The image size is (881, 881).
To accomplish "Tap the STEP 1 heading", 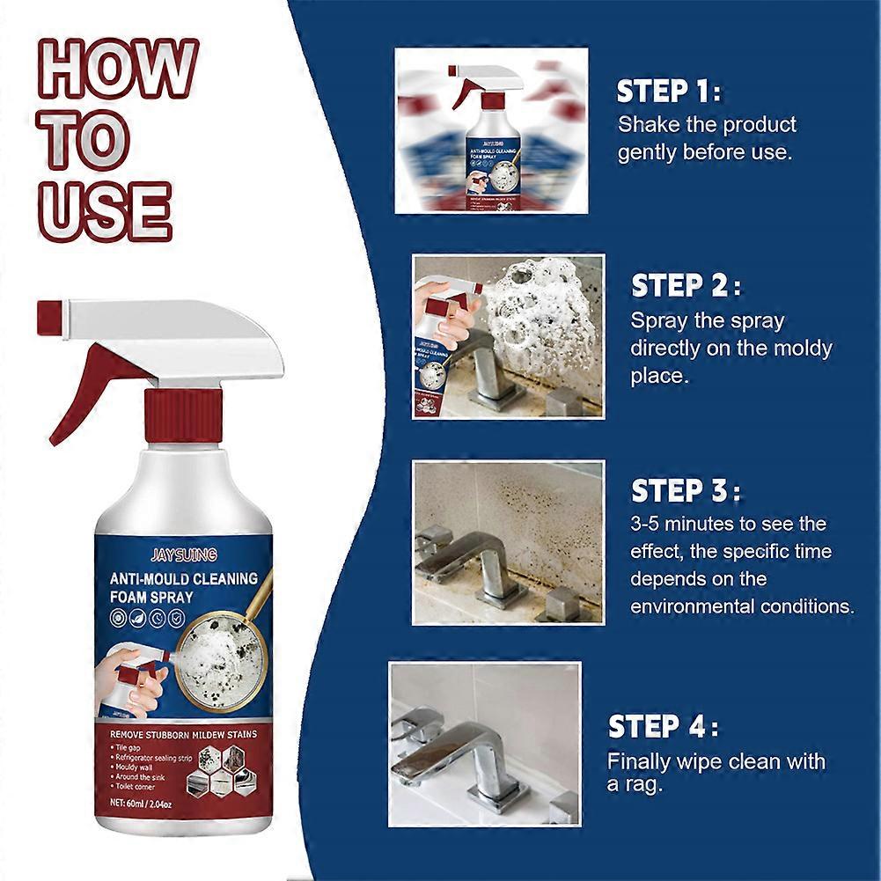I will [x=668, y=92].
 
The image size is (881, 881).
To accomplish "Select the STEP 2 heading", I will [x=686, y=286].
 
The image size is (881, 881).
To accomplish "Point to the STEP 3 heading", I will [x=686, y=490].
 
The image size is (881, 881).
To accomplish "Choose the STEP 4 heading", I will [x=663, y=727].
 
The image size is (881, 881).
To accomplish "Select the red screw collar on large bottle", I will [x=182, y=415].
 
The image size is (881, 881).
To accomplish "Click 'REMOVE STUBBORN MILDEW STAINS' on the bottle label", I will [x=181, y=732].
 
